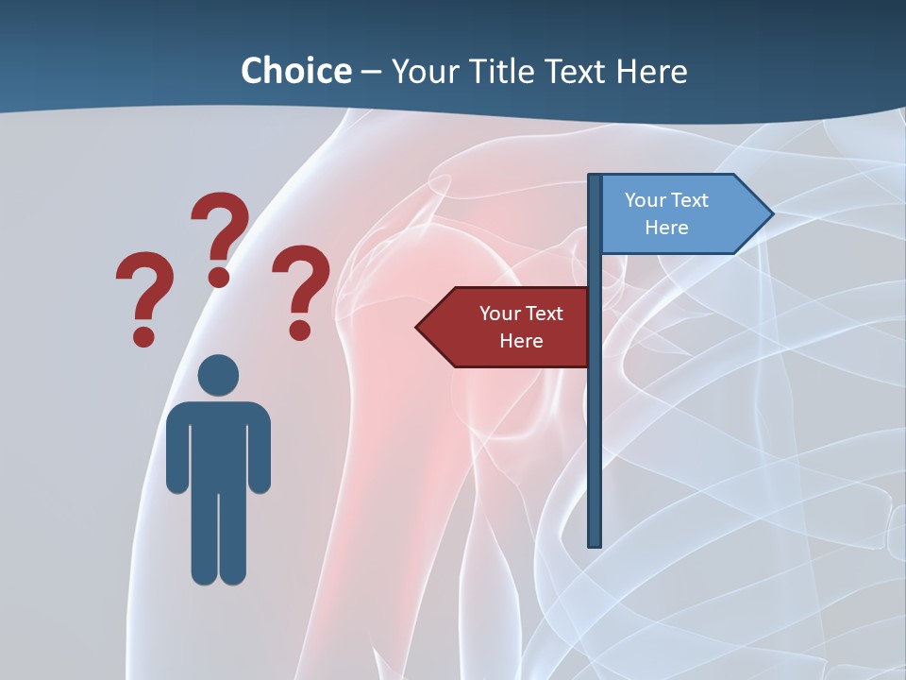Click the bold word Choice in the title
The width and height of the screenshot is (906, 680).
(295, 71)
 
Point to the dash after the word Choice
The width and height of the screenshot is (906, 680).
(371, 73)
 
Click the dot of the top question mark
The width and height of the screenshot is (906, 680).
(219, 277)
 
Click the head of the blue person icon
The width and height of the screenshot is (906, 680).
(218, 375)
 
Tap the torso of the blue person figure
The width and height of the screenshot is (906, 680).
(218, 444)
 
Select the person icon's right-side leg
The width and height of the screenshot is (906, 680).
(233, 538)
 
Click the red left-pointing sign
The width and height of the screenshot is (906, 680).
(505, 328)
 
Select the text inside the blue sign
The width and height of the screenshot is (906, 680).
(666, 213)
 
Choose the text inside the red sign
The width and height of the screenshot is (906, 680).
(521, 327)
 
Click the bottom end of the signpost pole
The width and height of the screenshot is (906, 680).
(595, 542)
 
